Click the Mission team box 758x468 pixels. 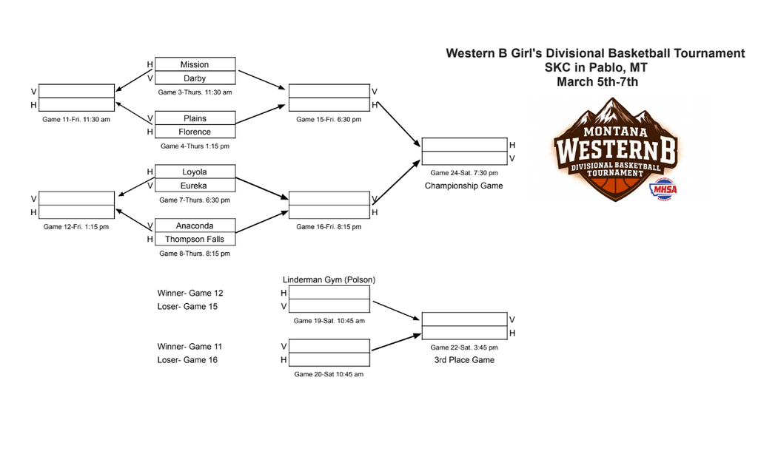click(195, 64)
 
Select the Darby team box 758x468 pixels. click(195, 78)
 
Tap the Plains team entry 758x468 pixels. click(195, 118)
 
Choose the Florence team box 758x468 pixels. click(195, 132)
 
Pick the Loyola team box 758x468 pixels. click(195, 172)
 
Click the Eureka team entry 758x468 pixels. click(195, 186)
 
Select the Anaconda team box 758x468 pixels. click(195, 225)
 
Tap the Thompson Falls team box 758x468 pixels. click(195, 240)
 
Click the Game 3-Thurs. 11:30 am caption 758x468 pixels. click(195, 92)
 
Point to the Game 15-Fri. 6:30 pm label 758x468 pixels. click(329, 120)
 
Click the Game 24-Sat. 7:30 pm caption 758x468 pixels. click(464, 173)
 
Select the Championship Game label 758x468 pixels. click(463, 186)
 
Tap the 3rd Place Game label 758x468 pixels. click(464, 360)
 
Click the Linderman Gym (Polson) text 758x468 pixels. click(329, 279)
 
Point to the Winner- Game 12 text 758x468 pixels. click(189, 293)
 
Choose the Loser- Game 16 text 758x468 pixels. click(187, 360)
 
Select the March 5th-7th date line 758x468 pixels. click(597, 82)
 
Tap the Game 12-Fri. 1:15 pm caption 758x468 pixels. click(76, 227)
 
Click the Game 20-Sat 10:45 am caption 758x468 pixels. click(329, 374)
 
